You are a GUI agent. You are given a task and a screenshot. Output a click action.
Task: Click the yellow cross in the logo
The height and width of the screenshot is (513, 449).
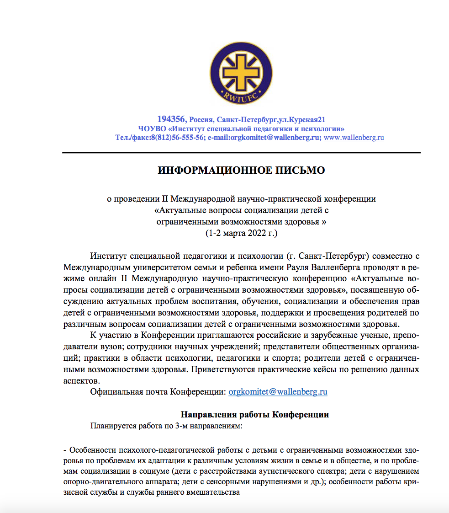coord(240,73)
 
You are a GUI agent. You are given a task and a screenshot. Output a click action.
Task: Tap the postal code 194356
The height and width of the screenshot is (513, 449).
coord(172,119)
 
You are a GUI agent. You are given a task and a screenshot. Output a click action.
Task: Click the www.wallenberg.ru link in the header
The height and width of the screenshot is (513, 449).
coord(354,137)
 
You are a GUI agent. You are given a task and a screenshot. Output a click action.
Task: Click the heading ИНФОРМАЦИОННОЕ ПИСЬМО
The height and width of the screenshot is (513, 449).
coord(241,171)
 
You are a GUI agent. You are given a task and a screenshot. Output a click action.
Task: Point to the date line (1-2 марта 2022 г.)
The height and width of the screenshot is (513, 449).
coord(241,233)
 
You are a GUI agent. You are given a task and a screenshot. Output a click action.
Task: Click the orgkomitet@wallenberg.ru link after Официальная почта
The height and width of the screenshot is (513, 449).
coord(278,391)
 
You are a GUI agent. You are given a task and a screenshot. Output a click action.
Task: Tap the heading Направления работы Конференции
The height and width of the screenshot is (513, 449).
coord(255,415)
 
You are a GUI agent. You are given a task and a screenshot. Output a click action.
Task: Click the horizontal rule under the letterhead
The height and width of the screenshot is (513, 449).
coord(241,152)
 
